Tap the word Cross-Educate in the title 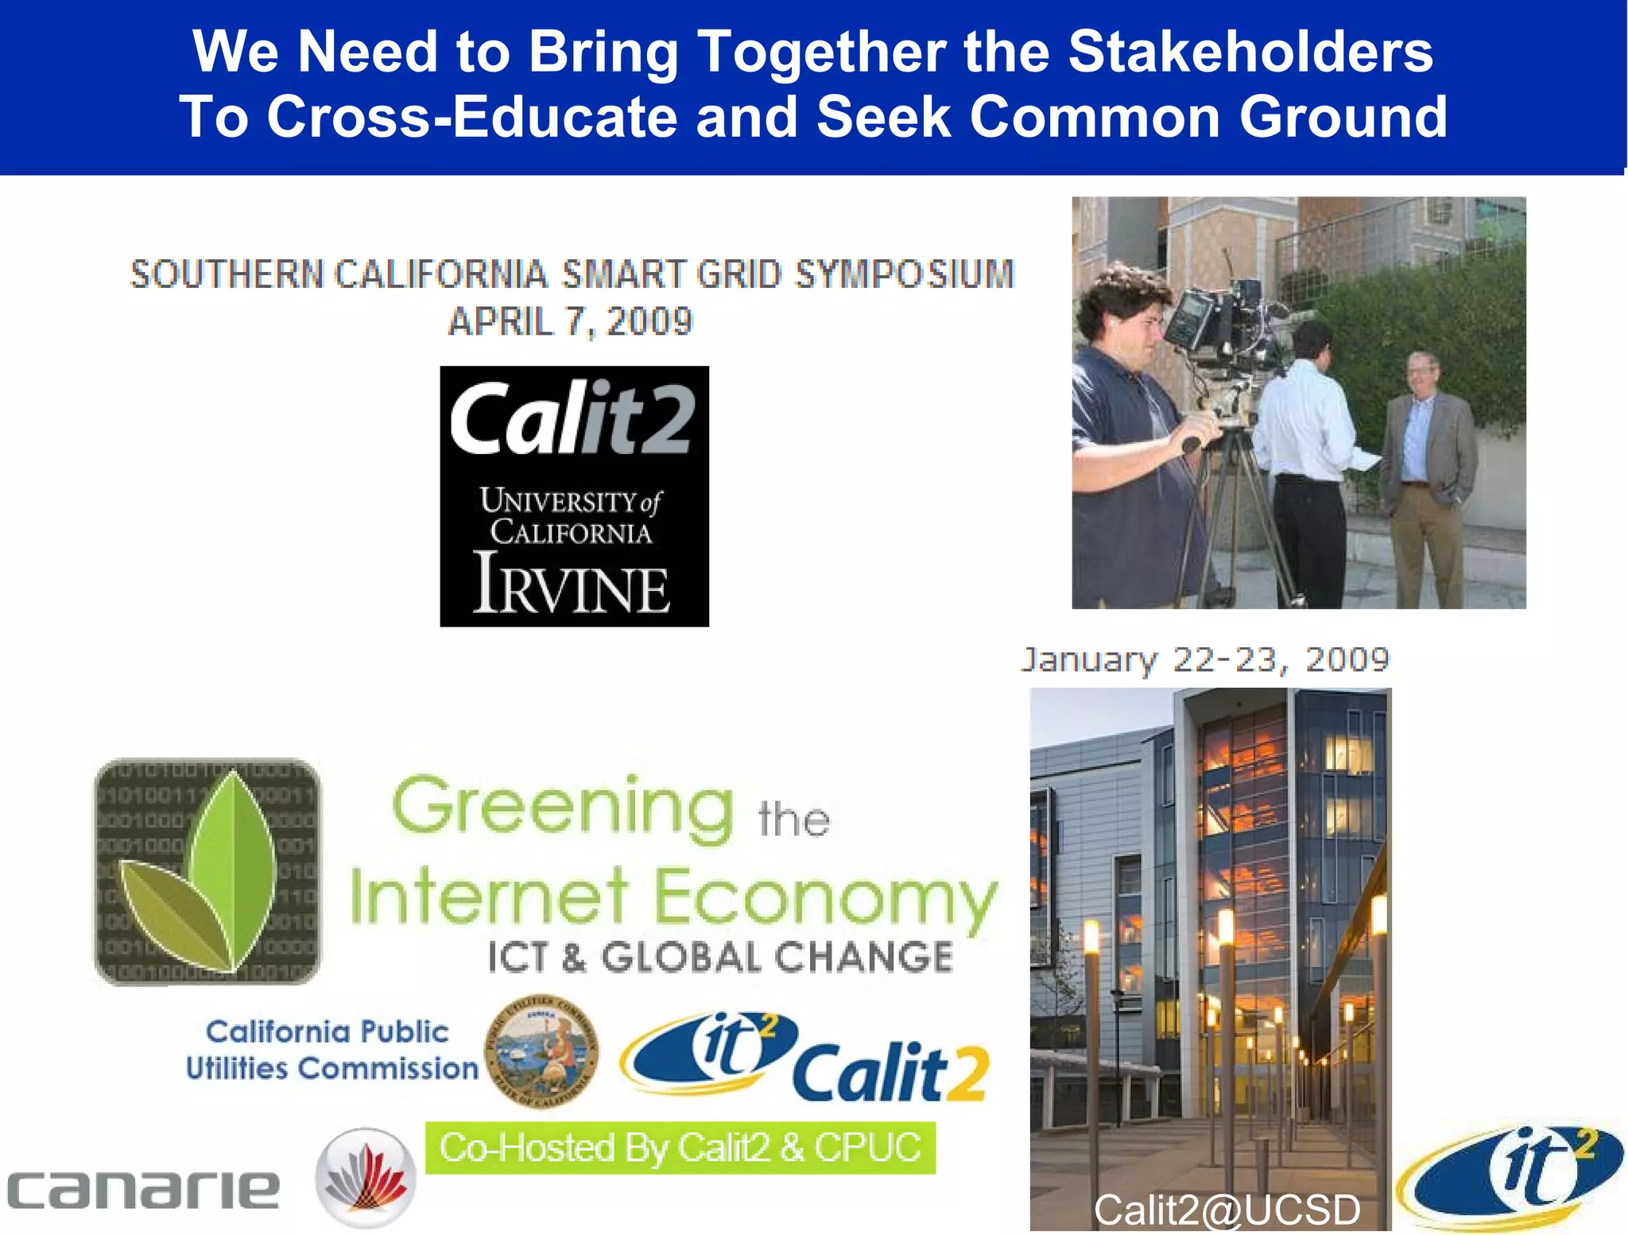pos(474,117)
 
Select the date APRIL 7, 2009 pos(570,322)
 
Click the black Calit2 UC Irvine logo pos(574,495)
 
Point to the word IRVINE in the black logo pos(572,584)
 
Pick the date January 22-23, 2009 pos(1204,660)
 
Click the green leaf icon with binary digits pos(207,872)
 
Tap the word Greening pos(562,807)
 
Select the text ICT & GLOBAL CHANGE pos(719,957)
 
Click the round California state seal pos(541,1051)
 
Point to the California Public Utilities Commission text pos(330,1050)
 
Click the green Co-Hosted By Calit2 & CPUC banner pos(680,1148)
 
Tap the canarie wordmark pos(143,1189)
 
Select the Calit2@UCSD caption pos(1226,1210)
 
